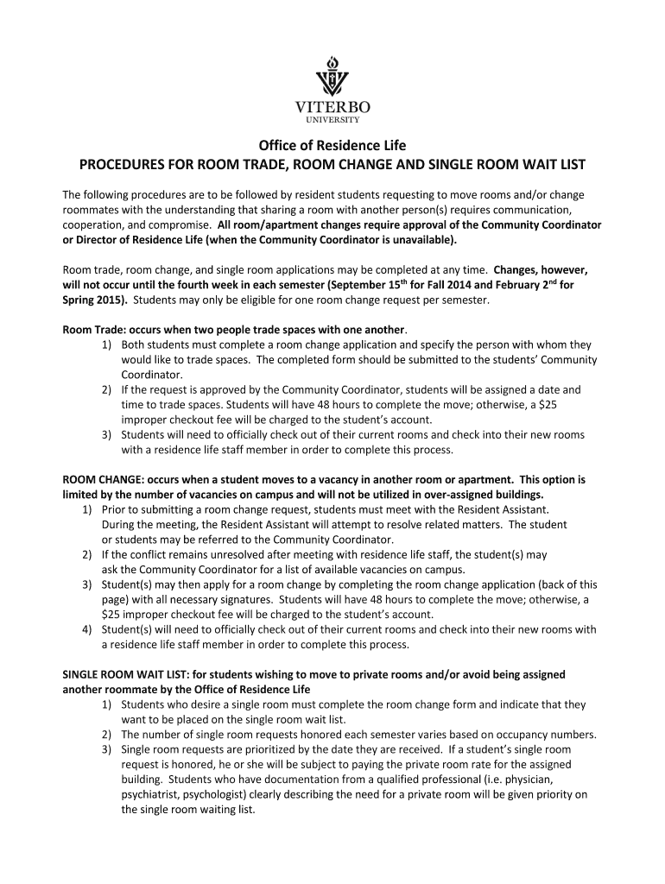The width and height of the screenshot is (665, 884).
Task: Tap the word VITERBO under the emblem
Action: pyautogui.click(x=332, y=107)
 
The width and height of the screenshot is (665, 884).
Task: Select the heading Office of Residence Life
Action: pyautogui.click(x=332, y=145)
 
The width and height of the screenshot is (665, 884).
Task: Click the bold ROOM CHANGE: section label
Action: pyautogui.click(x=103, y=479)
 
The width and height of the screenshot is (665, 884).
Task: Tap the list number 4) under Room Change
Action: pyautogui.click(x=89, y=629)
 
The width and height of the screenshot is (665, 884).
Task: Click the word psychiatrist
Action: pyautogui.click(x=151, y=795)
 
